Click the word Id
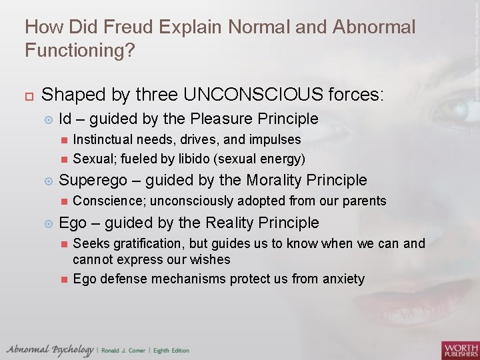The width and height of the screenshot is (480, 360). [65, 119]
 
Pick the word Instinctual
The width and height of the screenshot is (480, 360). [104, 140]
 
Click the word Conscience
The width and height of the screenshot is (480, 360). [105, 201]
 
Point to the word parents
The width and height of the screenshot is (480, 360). [363, 201]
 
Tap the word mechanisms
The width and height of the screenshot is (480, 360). [193, 279]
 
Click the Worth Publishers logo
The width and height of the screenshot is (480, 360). [459, 349]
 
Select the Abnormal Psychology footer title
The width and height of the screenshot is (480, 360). [49, 349]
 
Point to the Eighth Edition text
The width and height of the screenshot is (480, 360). [172, 351]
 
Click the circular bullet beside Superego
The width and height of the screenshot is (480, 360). [47, 181]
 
